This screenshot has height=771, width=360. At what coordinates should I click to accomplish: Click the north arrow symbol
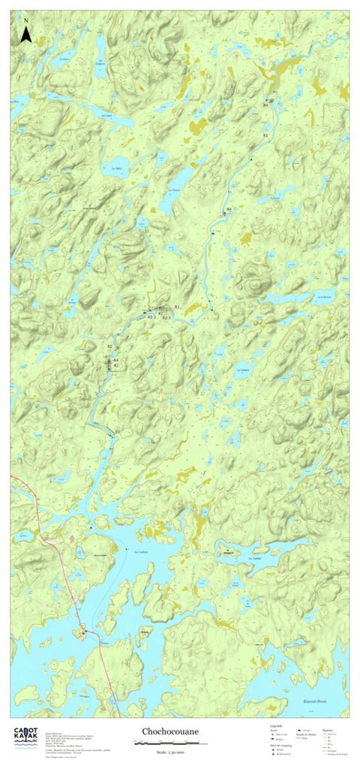click(x=25, y=32)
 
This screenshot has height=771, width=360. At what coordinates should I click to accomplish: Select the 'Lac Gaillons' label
click(x=243, y=370)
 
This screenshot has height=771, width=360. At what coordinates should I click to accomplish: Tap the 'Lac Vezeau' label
click(x=174, y=190)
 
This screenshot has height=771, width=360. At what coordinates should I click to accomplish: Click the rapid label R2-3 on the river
click(x=151, y=318)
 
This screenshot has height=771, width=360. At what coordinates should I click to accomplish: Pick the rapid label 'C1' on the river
click(x=117, y=431)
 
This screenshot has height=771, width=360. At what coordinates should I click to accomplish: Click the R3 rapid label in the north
click(x=265, y=134)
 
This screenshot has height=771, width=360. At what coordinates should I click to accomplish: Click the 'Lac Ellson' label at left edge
click(x=16, y=100)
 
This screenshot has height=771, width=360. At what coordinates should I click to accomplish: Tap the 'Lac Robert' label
click(x=274, y=197)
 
